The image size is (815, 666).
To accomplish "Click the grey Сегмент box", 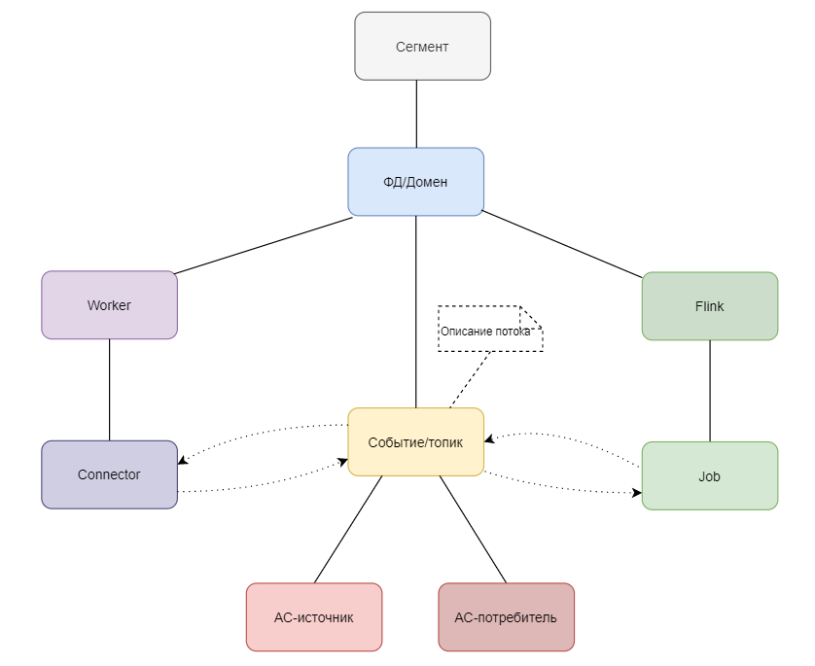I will [422, 46].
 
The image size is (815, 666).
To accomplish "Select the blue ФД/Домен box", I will [415, 182].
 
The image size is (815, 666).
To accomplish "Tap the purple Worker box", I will [109, 305].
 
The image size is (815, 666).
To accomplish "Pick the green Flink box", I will [709, 306].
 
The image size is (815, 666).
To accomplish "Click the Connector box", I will [109, 474].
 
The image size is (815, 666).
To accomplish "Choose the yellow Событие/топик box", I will [415, 442].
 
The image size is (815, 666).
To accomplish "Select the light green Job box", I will [709, 476].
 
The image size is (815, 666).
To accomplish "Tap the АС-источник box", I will [313, 617].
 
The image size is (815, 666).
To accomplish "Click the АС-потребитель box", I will [506, 617].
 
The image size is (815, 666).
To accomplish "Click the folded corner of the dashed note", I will [530, 315].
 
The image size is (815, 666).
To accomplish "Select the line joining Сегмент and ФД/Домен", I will [416, 114].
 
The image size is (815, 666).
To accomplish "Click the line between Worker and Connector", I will [109, 389].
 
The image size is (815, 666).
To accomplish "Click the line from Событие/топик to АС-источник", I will [348, 530].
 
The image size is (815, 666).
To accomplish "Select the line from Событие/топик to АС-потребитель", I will [473, 530].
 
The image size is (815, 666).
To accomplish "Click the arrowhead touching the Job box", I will [636, 493].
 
